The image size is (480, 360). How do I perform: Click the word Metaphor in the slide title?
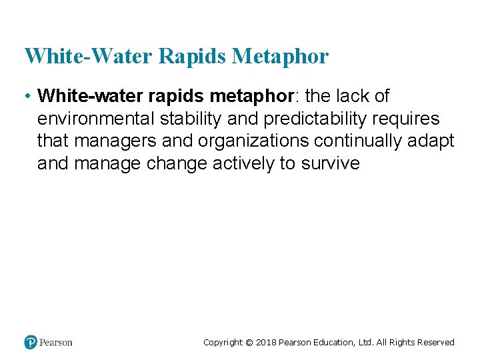click(280, 56)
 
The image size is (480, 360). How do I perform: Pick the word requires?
click(406, 119)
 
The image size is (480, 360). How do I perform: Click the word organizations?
click(253, 141)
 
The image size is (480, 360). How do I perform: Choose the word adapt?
click(434, 141)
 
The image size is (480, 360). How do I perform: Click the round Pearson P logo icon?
click(31, 342)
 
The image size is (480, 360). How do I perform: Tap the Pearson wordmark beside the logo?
click(56, 342)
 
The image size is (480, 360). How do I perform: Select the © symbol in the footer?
click(249, 343)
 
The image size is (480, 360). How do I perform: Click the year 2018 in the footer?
click(266, 343)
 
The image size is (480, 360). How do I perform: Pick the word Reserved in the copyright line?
click(436, 343)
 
